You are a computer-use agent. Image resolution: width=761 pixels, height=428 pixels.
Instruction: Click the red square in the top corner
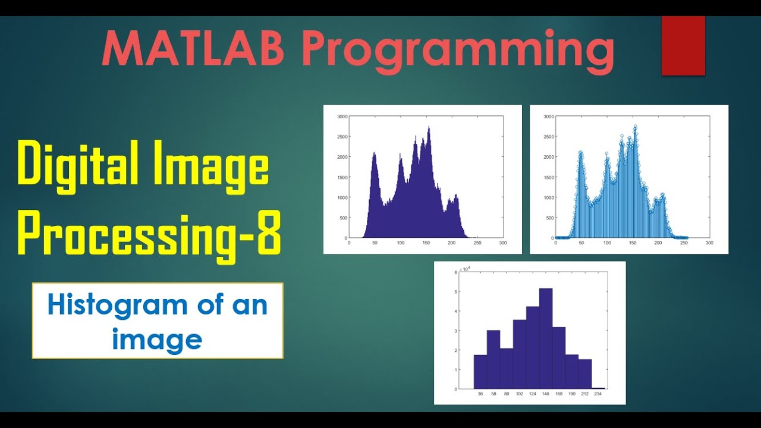(x=683, y=46)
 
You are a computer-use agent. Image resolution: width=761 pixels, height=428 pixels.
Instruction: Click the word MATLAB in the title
(x=193, y=49)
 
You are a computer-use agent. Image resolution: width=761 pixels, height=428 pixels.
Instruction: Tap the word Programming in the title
(x=458, y=51)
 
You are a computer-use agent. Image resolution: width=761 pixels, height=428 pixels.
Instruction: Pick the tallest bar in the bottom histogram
(x=546, y=339)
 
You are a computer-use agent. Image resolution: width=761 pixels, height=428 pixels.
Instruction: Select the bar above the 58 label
(x=493, y=360)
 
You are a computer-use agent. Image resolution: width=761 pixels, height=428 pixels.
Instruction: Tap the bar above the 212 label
(x=585, y=374)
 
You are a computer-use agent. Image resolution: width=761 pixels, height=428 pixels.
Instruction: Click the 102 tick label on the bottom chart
(x=520, y=394)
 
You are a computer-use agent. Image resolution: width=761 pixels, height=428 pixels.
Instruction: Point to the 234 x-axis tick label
(x=598, y=394)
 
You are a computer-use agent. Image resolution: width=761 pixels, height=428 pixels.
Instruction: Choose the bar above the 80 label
(x=507, y=369)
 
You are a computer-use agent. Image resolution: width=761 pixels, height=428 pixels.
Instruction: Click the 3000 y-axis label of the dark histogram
(x=342, y=117)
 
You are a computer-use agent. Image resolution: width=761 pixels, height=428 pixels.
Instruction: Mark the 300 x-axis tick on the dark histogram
(x=503, y=243)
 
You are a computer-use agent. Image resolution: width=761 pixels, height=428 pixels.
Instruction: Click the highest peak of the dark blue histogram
(x=429, y=127)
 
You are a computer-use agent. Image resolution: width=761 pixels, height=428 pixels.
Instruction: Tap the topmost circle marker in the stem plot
(x=635, y=127)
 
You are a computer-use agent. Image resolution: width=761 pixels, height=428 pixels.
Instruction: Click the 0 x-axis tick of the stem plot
(x=555, y=243)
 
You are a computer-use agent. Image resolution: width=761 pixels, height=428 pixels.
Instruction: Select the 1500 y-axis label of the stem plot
(x=549, y=177)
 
